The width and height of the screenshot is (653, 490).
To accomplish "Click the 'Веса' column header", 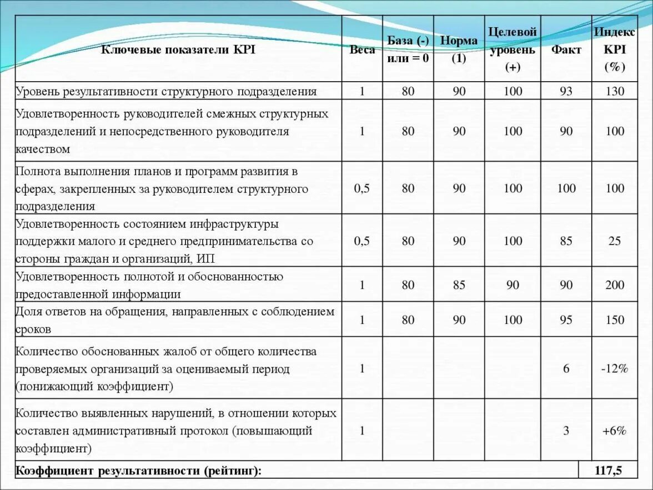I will (362, 50).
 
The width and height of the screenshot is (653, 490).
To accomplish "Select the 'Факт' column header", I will (566, 50).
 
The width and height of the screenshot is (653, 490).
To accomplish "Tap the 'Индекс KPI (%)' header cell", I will (615, 49).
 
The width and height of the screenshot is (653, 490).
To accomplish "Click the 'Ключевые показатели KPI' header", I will (178, 50).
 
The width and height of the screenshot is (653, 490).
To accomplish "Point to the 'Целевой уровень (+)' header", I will (512, 49).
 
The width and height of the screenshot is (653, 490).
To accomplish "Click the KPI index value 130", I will (615, 91).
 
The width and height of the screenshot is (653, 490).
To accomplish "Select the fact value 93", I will (566, 91).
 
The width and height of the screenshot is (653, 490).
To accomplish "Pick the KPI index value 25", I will (615, 241).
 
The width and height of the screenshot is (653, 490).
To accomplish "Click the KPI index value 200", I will (615, 285).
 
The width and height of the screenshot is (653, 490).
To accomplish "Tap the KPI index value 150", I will (615, 320).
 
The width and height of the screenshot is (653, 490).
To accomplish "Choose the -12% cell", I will (615, 368).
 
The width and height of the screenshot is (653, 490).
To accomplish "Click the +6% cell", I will (615, 431).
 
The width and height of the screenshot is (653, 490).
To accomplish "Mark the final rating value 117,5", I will (608, 471).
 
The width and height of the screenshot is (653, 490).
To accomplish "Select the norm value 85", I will (459, 285).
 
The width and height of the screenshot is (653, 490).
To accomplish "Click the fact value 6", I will (566, 368).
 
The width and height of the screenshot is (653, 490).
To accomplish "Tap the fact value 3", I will (566, 431).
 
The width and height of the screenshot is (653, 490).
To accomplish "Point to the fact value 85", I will (566, 241).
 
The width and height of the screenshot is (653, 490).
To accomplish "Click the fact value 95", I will (566, 320).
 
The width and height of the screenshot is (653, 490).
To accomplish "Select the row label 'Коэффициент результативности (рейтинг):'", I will (138, 471).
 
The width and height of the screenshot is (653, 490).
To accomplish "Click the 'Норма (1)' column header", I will (459, 49).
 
